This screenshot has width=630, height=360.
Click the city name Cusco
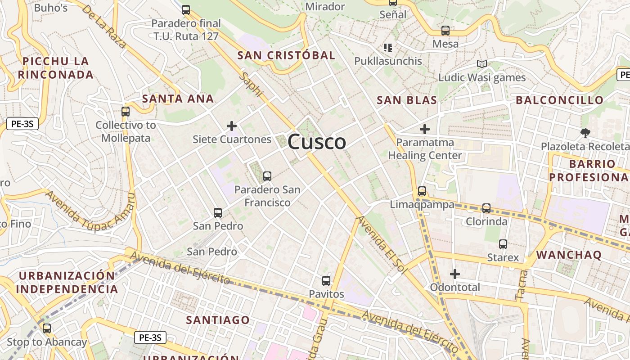[317, 142]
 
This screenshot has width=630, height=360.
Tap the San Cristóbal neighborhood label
[286, 55]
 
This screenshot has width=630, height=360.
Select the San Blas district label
[407, 100]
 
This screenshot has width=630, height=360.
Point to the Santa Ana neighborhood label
[178, 99]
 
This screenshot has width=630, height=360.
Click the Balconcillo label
[559, 100]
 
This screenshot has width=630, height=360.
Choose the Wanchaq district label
[569, 255]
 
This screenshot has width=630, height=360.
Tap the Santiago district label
[218, 320]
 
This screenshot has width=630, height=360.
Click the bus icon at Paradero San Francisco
[267, 176]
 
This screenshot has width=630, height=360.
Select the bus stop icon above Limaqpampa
[422, 191]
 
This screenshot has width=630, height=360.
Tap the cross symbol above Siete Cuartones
[232, 126]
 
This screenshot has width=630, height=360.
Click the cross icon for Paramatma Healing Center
[424, 130]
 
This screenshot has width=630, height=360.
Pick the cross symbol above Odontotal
[455, 274]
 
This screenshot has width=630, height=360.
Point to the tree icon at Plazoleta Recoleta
[585, 133]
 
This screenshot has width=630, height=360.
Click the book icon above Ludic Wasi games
[482, 64]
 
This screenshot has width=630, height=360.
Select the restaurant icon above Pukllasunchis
[388, 47]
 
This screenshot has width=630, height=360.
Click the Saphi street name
[251, 84]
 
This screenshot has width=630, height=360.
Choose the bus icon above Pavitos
[326, 281]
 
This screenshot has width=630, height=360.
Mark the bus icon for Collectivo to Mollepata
[126, 111]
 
